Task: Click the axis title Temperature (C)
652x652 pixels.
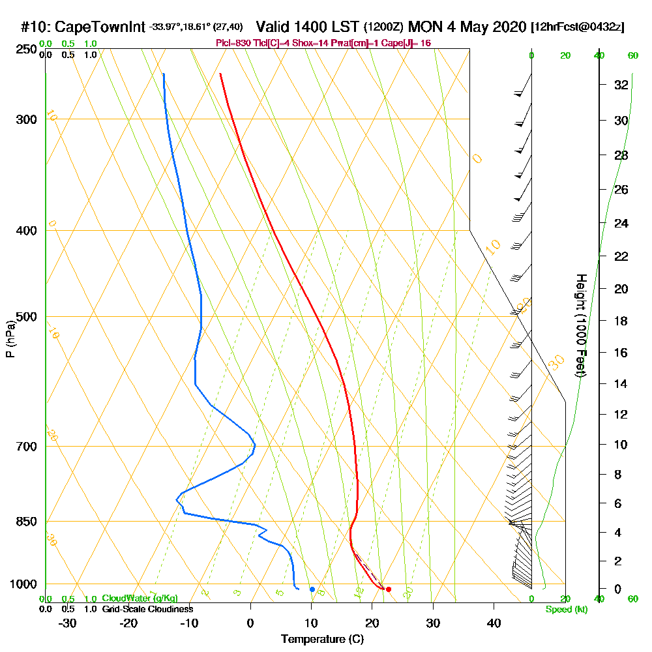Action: pyautogui.click(x=322, y=639)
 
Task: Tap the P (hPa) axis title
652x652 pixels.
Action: pyautogui.click(x=10, y=339)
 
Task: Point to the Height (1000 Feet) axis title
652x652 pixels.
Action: pyautogui.click(x=580, y=325)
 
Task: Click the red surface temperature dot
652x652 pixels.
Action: pyautogui.click(x=389, y=589)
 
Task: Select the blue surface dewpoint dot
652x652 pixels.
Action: pyautogui.click(x=312, y=589)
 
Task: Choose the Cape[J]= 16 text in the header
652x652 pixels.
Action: pyautogui.click(x=408, y=43)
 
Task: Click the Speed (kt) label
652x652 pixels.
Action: pyautogui.click(x=567, y=609)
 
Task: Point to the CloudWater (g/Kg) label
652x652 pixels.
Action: pyautogui.click(x=140, y=599)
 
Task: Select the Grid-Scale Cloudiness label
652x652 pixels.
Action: pyautogui.click(x=147, y=609)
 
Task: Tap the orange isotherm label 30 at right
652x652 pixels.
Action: pyautogui.click(x=556, y=363)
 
